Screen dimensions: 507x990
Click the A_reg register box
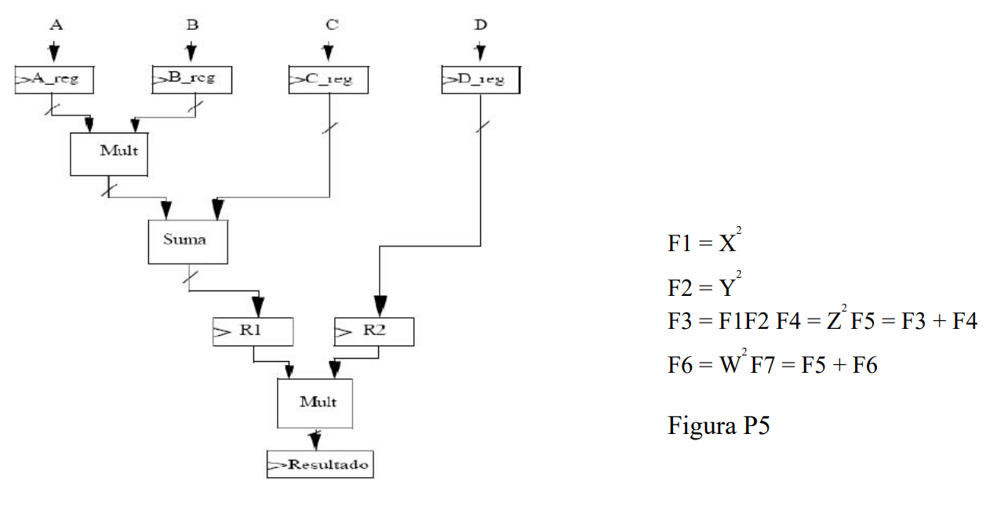pos(54,79)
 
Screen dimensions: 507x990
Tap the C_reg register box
pos(328,80)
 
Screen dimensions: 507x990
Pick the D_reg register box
pos(480,80)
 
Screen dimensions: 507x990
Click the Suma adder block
pos(187,241)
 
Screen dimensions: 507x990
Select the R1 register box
pos(253,332)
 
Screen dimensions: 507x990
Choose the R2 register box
pos(373,332)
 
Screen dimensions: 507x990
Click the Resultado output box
pos(320,465)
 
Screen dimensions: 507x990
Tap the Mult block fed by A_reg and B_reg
pos(109,153)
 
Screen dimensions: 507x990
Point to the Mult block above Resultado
pos(315,403)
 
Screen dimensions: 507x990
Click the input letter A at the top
pos(55,24)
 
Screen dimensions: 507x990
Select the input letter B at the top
pos(192,24)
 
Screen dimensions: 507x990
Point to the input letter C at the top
pos(332,24)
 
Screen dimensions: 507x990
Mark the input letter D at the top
pos(481,24)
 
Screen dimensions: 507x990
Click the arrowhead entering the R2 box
pos(380,306)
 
